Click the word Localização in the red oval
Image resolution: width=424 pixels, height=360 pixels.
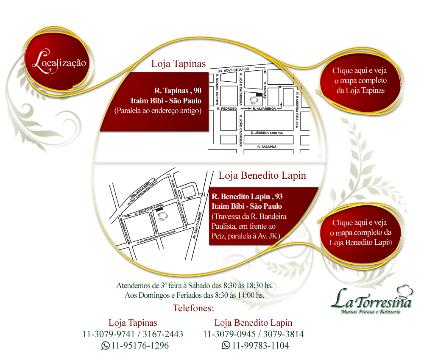coord(59,63)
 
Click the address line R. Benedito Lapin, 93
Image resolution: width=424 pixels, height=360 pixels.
coord(247,197)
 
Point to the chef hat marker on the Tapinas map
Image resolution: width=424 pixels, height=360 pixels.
coord(253,100)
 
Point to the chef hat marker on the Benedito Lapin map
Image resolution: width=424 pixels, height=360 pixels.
coord(161,216)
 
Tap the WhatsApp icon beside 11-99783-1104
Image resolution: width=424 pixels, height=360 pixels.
coord(226,346)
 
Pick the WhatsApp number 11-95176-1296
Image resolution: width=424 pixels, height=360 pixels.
coord(140,346)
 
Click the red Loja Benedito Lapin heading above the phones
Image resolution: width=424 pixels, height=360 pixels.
coord(253,322)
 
